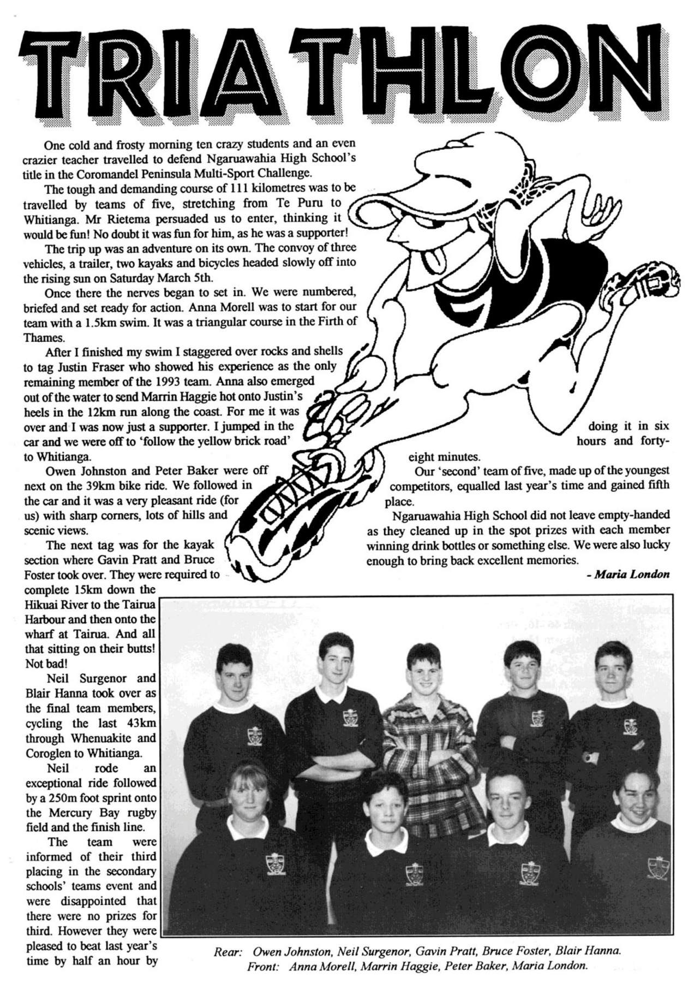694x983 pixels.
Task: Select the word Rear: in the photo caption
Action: [x=228, y=952]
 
